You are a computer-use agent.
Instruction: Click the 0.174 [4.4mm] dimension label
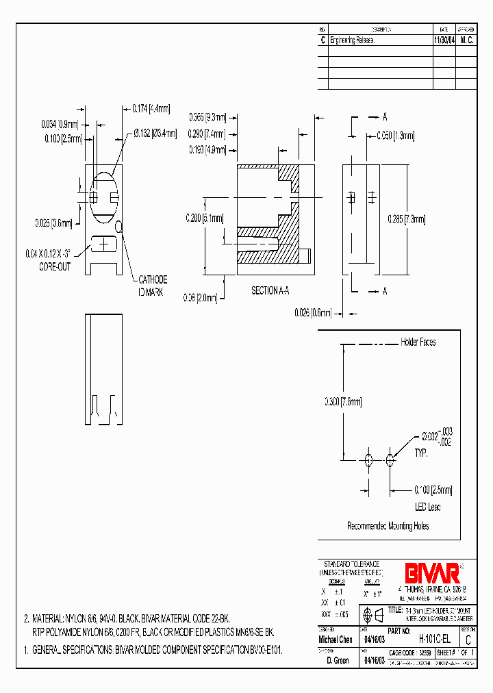click(151, 108)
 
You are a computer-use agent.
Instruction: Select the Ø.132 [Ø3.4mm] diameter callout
click(154, 133)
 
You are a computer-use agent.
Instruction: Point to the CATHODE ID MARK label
click(153, 285)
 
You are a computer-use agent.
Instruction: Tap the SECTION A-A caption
click(270, 291)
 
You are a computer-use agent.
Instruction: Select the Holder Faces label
click(418, 342)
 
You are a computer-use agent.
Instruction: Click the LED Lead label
click(428, 507)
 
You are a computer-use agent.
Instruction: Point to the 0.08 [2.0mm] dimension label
click(200, 298)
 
